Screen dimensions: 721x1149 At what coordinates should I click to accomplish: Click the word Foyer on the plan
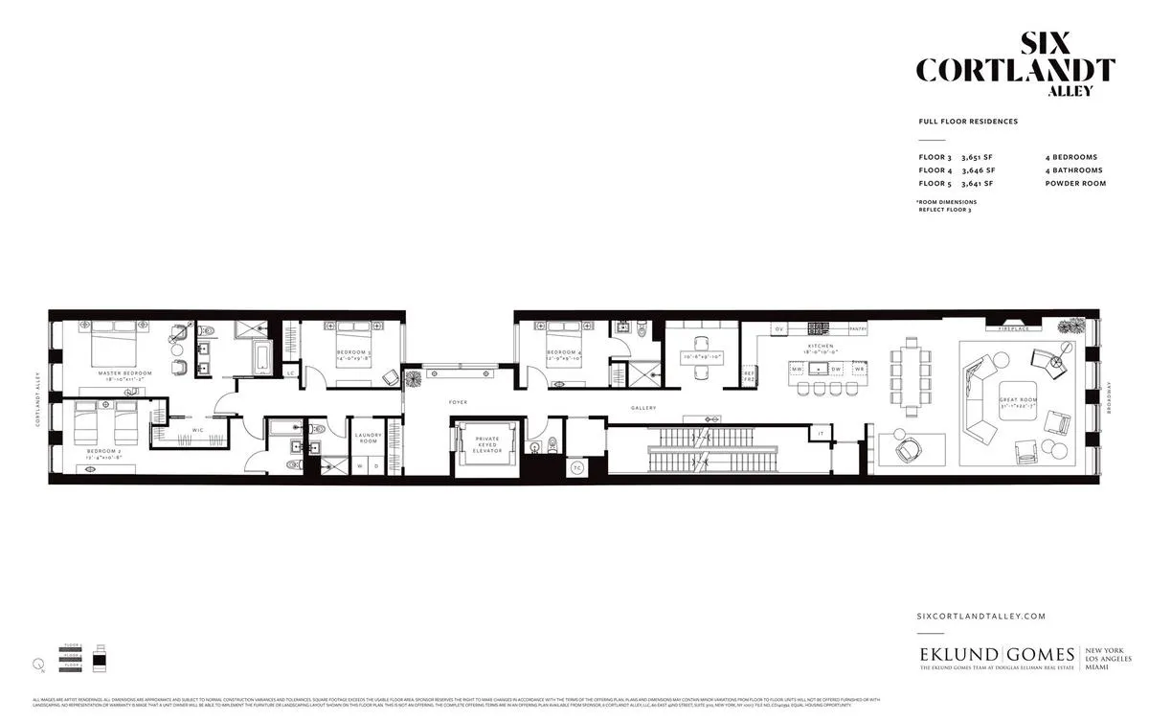[459, 402]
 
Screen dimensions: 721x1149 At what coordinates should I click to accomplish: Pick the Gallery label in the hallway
[643, 408]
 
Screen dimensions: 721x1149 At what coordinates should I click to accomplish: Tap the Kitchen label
[820, 346]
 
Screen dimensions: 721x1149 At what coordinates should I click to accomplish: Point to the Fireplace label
[1014, 328]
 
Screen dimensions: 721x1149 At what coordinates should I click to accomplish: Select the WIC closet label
[197, 430]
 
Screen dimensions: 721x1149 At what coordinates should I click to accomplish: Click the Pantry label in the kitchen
[857, 328]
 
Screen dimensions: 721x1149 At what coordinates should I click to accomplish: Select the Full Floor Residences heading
[967, 122]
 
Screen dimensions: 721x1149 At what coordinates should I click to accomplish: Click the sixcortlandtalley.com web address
[980, 617]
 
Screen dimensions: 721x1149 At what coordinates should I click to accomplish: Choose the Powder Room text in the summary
[1075, 183]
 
